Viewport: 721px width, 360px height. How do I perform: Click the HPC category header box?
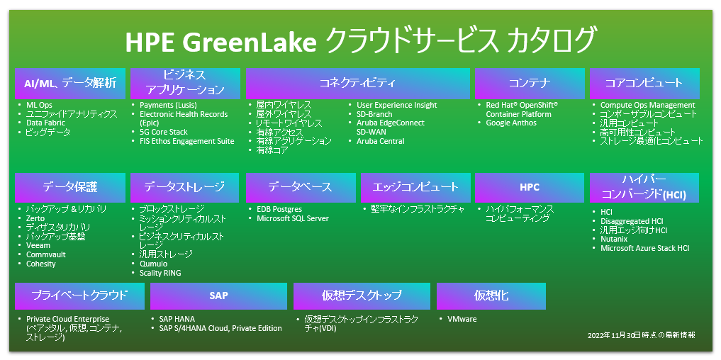(x=530, y=188)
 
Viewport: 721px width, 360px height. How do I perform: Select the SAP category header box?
(x=218, y=296)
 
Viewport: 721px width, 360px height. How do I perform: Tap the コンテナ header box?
(x=530, y=83)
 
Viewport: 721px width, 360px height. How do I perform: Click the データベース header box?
(x=301, y=188)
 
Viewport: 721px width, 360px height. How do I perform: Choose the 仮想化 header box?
(x=491, y=296)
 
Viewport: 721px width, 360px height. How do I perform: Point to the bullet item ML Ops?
(x=39, y=106)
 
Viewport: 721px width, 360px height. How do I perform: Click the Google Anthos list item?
(x=511, y=123)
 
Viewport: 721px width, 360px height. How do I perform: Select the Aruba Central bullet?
(x=380, y=141)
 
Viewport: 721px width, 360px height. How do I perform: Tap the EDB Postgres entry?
(x=279, y=209)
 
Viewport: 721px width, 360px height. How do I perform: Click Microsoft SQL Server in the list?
(x=293, y=218)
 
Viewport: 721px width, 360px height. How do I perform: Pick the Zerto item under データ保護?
(x=35, y=218)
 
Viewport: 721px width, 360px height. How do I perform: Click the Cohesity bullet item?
(x=41, y=264)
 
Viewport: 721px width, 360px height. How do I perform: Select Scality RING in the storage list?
(x=160, y=273)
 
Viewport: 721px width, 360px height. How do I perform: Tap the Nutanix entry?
(x=614, y=239)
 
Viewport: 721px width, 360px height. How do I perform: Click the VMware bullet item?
(x=462, y=319)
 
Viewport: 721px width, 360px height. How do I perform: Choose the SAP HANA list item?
(x=177, y=319)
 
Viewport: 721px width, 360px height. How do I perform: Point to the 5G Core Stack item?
(x=164, y=132)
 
